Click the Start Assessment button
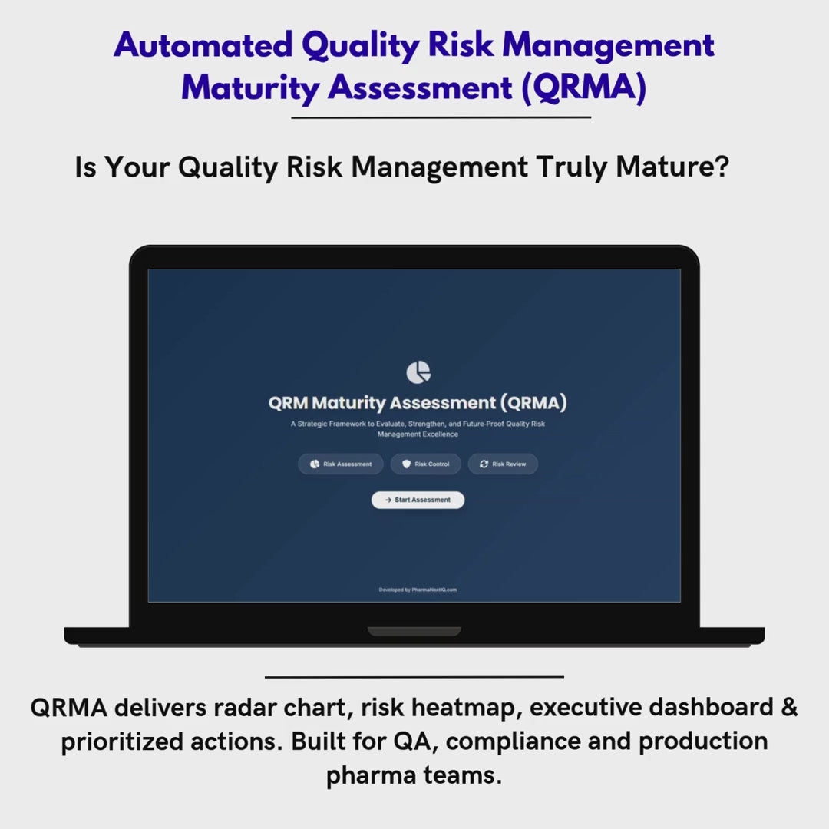click(418, 500)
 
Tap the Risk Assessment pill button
click(341, 464)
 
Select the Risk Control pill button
click(426, 464)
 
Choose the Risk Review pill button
click(503, 464)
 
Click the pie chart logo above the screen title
click(418, 372)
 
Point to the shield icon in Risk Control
click(406, 464)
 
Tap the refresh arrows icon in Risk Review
click(484, 464)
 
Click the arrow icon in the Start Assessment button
click(388, 500)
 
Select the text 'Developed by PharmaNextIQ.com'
click(418, 590)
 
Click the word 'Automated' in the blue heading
click(203, 46)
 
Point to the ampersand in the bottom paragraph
click(789, 707)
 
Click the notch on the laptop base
click(414, 632)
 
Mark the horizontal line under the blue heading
click(441, 118)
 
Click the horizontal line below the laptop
click(414, 677)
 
